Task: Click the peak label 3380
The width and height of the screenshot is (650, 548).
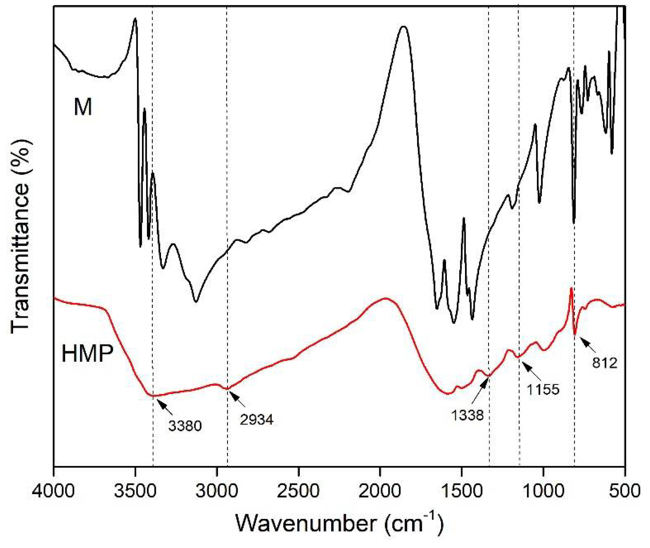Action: tap(185, 426)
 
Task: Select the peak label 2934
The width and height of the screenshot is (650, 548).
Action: tap(257, 420)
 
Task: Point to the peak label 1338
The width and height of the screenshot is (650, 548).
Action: tap(467, 415)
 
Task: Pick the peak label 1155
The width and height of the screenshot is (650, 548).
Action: tap(543, 389)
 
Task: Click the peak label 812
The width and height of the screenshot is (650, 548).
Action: tap(604, 363)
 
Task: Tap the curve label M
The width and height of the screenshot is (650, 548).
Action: tap(83, 107)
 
